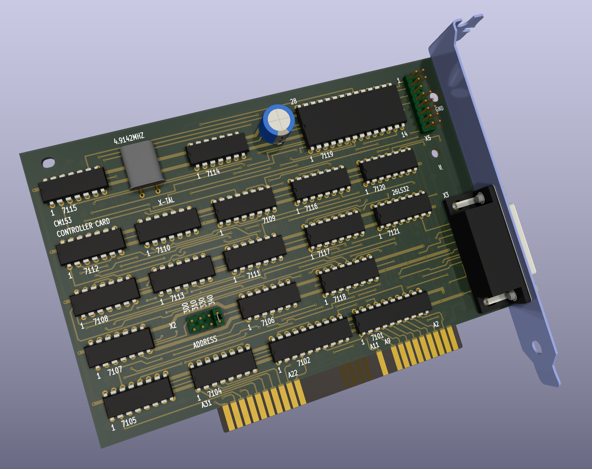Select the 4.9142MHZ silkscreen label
(x=129, y=139)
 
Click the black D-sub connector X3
(x=488, y=248)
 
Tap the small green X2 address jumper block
(x=205, y=321)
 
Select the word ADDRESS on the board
(x=205, y=342)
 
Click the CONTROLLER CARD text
(x=83, y=227)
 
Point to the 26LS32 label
(x=400, y=190)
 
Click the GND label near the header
(x=439, y=109)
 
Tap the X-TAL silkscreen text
(x=166, y=201)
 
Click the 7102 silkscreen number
(x=304, y=362)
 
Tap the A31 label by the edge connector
(x=207, y=404)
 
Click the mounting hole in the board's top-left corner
(x=48, y=163)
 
